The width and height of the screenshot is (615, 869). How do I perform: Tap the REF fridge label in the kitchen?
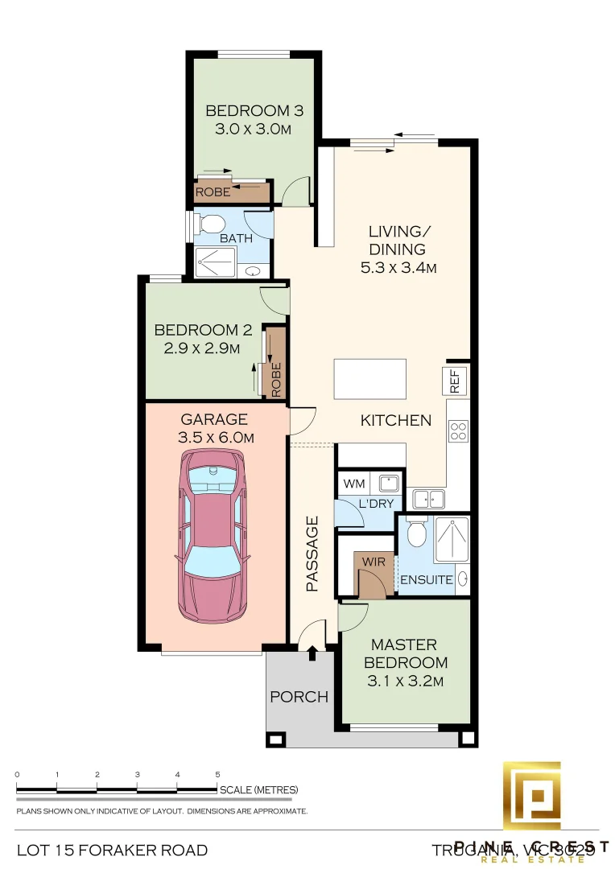(454, 381)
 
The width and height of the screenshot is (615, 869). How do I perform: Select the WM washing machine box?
(353, 484)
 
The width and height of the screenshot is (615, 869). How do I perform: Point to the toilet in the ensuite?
(416, 532)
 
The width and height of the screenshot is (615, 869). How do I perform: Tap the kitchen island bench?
(369, 379)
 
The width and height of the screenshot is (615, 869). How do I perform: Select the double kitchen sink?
(427, 499)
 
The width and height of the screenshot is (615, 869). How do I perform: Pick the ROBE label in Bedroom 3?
(213, 193)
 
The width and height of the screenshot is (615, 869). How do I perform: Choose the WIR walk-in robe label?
(373, 560)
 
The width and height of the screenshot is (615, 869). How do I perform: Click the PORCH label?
(299, 697)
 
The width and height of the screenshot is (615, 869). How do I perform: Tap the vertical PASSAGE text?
(312, 554)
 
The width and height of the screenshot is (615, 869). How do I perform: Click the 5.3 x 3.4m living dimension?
(398, 267)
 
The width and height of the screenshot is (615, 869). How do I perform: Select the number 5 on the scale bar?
(217, 775)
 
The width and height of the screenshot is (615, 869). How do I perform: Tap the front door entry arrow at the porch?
(312, 655)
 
